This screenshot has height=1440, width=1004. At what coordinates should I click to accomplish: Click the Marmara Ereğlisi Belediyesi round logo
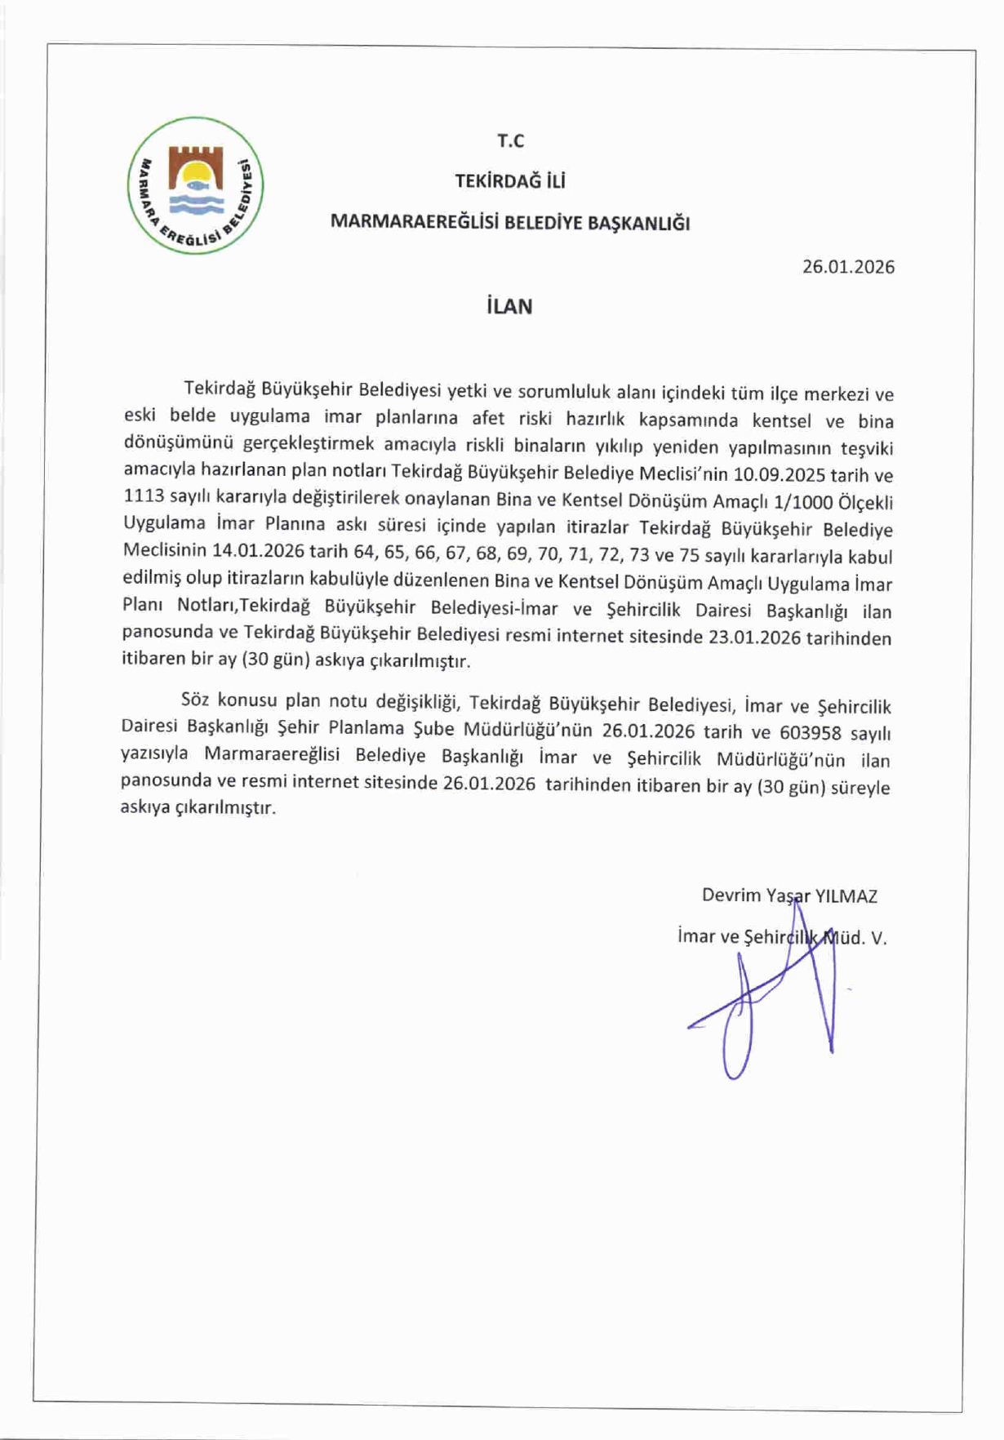coord(195,185)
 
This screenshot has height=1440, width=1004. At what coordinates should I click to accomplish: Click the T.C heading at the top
coord(510,141)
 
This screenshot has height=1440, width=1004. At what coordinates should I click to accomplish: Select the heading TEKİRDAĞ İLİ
coord(510,181)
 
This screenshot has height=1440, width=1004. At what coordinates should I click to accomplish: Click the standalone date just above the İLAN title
coord(848,267)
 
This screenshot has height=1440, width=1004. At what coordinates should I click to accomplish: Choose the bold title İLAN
coord(509,307)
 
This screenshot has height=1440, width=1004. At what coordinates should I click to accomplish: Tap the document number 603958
coord(810,732)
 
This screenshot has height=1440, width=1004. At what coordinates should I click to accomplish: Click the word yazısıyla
coord(154,753)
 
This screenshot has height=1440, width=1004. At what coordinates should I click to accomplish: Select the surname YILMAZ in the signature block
coord(846,896)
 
